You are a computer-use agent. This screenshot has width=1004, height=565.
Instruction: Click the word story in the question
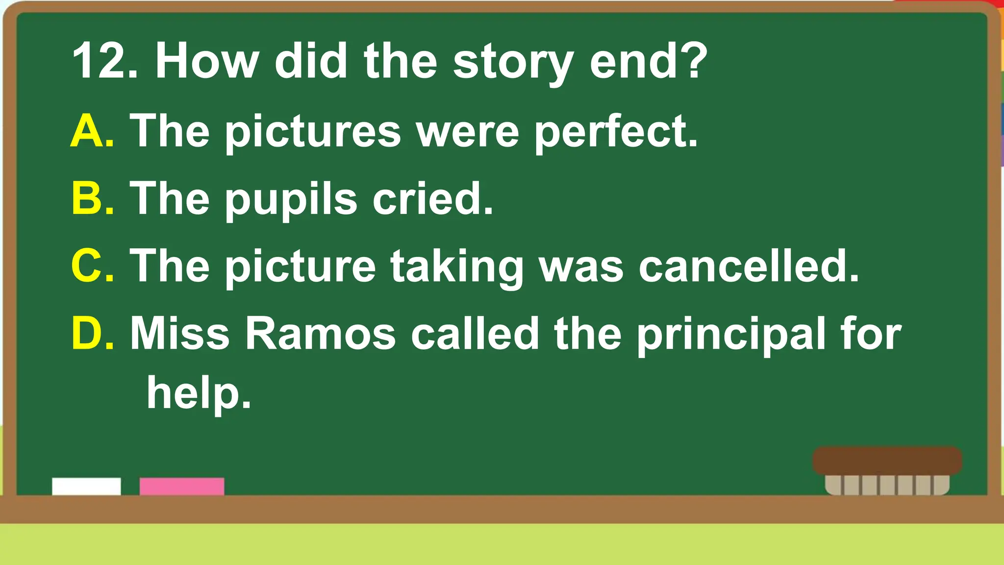[513, 63]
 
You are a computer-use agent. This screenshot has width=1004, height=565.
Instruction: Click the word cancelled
[748, 266]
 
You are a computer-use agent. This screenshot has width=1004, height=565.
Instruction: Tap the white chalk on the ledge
[86, 486]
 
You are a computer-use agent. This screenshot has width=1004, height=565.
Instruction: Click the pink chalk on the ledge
[182, 486]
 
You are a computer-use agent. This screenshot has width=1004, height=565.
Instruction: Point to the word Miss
[179, 334]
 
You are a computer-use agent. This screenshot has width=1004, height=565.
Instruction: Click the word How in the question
[206, 61]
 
